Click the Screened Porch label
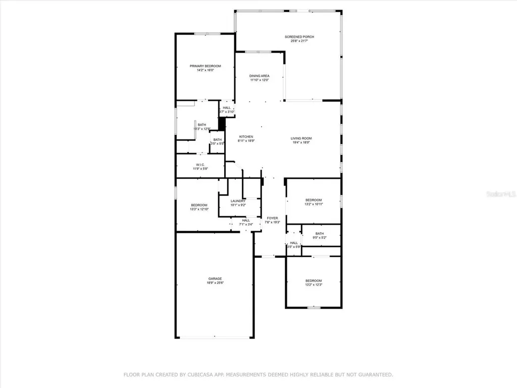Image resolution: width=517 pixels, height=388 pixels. (x=299, y=37)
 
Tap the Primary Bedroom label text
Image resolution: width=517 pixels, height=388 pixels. (x=205, y=66)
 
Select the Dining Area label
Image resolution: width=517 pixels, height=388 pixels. (x=259, y=76)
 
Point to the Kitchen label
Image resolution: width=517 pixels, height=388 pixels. (x=246, y=137)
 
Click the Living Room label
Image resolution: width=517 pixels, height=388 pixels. (x=301, y=138)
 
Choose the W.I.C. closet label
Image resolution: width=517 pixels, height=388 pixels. (x=200, y=165)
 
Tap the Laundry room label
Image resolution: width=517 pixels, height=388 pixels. (x=238, y=201)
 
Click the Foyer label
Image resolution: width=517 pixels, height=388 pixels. (x=272, y=218)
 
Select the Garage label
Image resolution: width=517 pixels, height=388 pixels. (x=215, y=279)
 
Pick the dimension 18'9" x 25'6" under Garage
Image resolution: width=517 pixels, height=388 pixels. (x=215, y=283)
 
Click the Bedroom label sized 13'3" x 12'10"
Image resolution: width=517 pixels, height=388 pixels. (x=199, y=205)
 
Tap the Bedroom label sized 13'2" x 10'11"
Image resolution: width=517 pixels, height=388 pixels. (x=313, y=200)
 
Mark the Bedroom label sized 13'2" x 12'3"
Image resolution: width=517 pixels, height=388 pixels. (x=313, y=281)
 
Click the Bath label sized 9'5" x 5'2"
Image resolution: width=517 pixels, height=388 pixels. (x=320, y=233)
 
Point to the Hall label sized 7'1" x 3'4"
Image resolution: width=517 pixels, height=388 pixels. (x=246, y=220)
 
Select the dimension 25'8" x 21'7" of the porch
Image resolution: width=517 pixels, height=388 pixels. (x=299, y=41)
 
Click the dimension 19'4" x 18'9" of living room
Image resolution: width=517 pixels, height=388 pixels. (x=301, y=142)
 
